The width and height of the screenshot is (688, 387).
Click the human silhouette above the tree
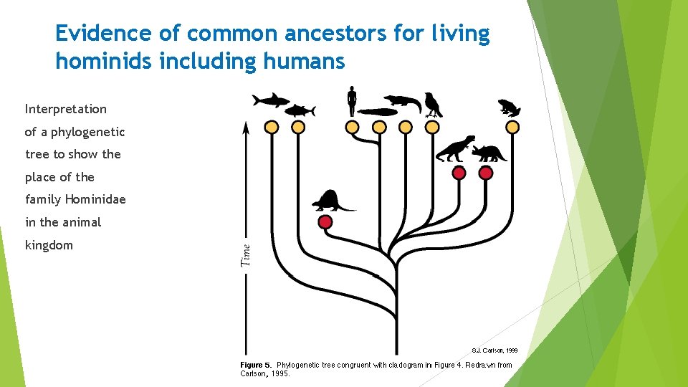click(x=351, y=101)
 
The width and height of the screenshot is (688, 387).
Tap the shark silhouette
click(x=270, y=100)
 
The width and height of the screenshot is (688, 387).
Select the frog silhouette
click(x=510, y=107)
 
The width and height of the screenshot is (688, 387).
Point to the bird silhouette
click(x=432, y=105)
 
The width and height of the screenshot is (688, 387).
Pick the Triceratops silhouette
click(x=489, y=153)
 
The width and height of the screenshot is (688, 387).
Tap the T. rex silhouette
click(x=456, y=148)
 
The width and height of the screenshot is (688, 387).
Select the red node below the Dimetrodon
click(x=325, y=222)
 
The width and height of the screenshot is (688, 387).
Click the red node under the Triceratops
click(x=486, y=173)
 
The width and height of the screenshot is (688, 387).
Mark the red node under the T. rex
click(x=459, y=173)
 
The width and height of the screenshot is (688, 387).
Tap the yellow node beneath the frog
click(x=512, y=127)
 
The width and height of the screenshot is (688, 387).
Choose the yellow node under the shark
click(x=272, y=127)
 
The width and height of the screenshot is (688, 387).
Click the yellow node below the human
click(x=352, y=127)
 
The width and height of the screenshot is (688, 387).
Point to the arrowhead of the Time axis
click(x=246, y=128)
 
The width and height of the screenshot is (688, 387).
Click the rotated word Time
click(x=246, y=256)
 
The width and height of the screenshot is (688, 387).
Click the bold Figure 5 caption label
click(x=256, y=365)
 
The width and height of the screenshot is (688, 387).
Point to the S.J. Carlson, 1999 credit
click(x=494, y=350)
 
